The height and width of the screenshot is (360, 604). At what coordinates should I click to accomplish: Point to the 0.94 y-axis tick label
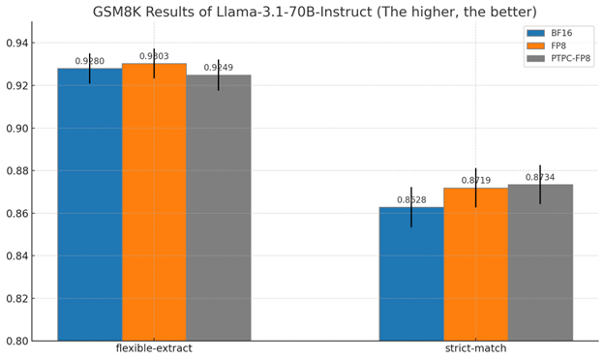(16, 44)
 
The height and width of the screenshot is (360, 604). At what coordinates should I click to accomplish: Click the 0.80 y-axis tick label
(16, 341)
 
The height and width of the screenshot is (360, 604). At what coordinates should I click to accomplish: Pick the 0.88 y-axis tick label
(16, 171)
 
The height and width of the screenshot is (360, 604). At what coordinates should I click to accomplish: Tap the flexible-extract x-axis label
(154, 348)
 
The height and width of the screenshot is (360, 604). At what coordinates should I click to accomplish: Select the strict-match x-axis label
(475, 348)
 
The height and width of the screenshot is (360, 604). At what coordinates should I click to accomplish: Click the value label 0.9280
(89, 61)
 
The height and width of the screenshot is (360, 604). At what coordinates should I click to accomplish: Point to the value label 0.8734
(540, 177)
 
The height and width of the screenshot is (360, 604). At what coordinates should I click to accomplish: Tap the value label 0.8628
(411, 200)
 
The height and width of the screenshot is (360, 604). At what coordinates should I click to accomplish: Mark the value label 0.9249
(218, 68)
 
